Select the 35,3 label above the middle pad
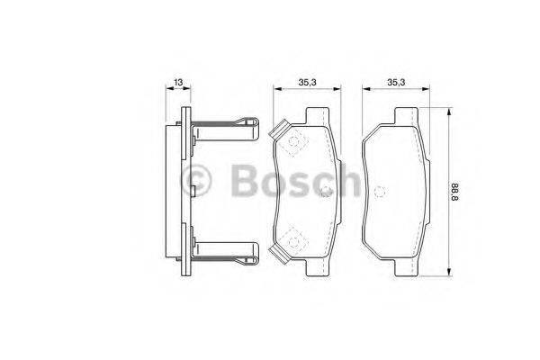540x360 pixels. tap(306, 83)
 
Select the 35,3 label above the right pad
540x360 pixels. tap(395, 83)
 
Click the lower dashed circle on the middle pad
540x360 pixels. tap(292, 238)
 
